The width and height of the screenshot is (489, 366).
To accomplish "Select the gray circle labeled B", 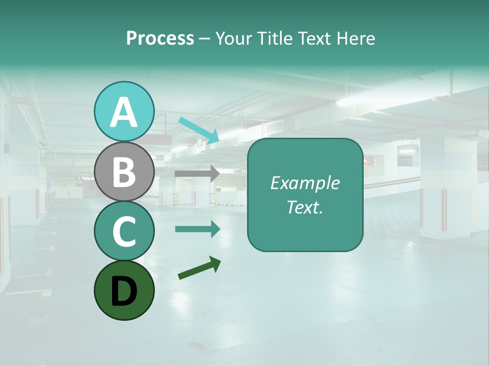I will click(124, 172).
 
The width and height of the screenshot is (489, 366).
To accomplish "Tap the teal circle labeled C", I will click(124, 231).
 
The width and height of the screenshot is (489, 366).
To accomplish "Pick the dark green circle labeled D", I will click(124, 291).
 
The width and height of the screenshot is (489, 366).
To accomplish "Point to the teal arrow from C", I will click(198, 229).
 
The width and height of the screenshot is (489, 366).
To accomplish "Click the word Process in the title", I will click(160, 39).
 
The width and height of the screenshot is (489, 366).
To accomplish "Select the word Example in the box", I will click(305, 183).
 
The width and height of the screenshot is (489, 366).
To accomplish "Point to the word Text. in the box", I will click(305, 207).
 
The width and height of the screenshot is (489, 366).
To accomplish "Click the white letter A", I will click(124, 112).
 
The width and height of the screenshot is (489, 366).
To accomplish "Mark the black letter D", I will click(124, 292).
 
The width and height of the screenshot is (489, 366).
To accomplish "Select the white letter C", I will click(124, 232).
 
